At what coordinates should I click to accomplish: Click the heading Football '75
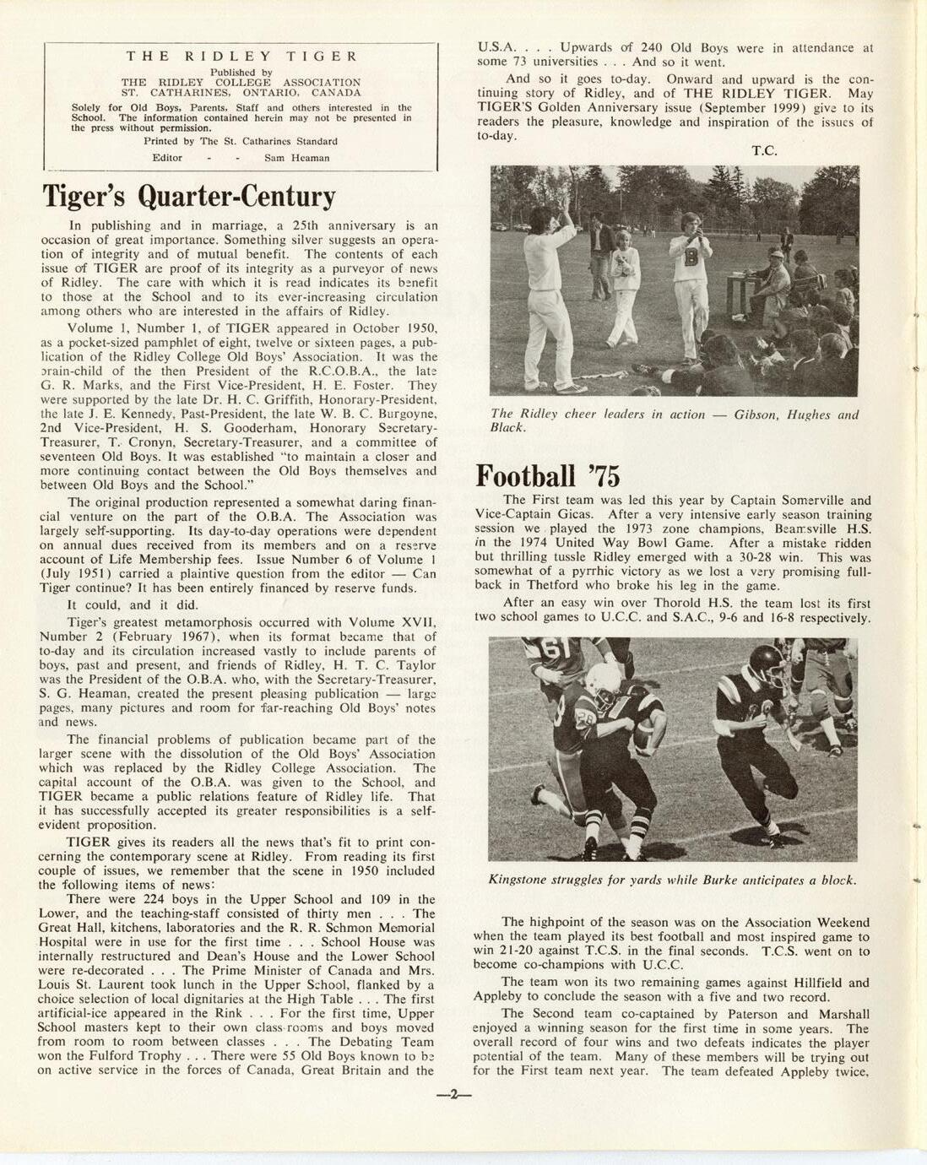tap(548, 476)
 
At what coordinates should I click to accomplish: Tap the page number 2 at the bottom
tap(453, 1095)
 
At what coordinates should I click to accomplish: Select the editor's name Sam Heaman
tap(297, 158)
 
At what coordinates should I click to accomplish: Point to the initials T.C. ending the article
tap(764, 151)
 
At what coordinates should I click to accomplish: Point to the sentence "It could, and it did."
tap(133, 604)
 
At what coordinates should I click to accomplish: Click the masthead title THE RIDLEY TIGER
tap(241, 57)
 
